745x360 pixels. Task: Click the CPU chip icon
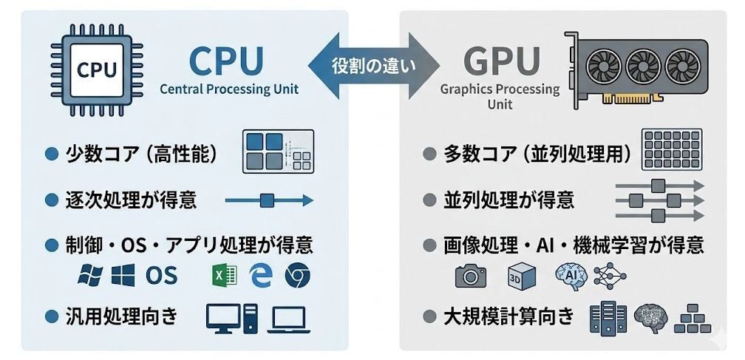(98, 70)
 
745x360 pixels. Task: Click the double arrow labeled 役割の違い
(372, 65)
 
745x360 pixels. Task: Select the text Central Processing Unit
(229, 89)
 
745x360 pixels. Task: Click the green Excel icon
(224, 275)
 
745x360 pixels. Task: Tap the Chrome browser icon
(297, 275)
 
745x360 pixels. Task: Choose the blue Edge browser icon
(260, 275)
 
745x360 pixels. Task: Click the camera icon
(470, 276)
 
